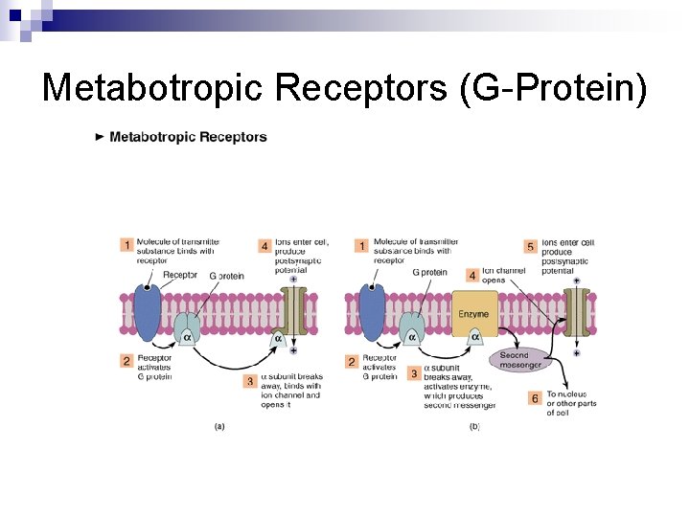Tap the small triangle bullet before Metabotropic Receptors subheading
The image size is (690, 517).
(x=101, y=137)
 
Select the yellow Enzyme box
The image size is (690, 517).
(x=473, y=314)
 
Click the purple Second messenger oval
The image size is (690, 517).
(x=520, y=359)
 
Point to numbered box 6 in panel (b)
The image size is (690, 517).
(x=534, y=397)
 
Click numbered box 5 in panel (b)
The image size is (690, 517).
(x=530, y=246)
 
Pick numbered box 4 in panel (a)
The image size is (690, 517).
(x=264, y=246)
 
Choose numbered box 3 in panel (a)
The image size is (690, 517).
(x=249, y=381)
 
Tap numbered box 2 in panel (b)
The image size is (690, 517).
(x=351, y=362)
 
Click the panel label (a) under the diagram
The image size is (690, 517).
(x=220, y=426)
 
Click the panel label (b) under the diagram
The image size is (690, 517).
(x=474, y=426)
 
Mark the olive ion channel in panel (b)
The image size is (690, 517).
(x=576, y=311)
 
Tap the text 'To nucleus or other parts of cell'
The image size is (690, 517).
(x=571, y=404)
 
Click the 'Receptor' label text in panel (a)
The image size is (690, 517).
(x=180, y=276)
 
